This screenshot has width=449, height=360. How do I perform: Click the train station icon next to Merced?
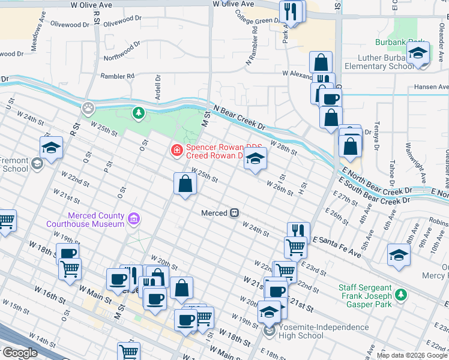click(235, 213)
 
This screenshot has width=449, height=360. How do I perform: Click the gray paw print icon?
click(88, 108)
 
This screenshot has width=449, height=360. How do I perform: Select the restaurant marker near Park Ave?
click(291, 12)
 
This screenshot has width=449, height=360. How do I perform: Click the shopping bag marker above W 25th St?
click(185, 184)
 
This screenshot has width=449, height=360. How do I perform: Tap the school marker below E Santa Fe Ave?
click(399, 254)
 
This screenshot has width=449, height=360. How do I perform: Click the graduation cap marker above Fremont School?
click(52, 148)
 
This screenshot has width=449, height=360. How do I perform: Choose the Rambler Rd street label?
click(118, 76)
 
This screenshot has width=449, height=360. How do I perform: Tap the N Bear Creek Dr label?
click(239, 117)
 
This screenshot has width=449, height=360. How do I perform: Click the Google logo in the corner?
click(19, 353)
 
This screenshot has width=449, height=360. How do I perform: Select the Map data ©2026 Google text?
click(412, 355)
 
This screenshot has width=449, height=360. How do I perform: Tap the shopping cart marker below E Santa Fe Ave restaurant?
click(295, 247)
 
